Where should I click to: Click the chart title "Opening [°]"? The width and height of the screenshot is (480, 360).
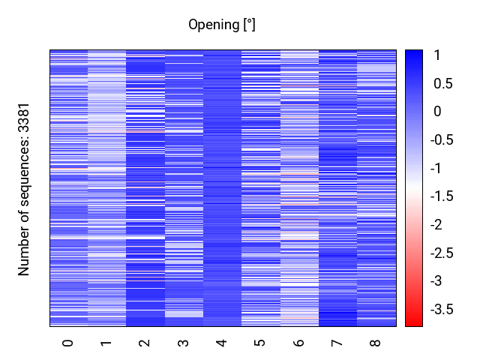click(222, 25)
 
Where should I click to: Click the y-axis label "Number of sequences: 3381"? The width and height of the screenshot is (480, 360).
click(25, 189)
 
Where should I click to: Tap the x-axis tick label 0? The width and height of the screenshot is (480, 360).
click(68, 343)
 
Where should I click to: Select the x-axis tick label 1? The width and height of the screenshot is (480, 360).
click(106, 343)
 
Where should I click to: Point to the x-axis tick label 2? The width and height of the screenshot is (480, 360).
click(145, 343)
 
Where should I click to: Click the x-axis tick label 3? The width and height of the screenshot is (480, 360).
click(183, 343)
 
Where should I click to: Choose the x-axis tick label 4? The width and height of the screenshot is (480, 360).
click(222, 343)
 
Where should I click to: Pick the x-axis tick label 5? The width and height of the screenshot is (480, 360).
click(260, 343)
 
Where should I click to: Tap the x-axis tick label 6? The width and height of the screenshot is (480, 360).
click(298, 343)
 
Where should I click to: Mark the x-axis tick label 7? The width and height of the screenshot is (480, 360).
click(337, 343)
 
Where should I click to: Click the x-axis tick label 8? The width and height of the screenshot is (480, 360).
click(376, 343)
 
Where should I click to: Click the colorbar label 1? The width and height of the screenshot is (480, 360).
click(437, 55)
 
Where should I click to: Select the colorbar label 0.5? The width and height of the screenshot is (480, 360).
click(442, 84)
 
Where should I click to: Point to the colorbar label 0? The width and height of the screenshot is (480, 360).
click(437, 112)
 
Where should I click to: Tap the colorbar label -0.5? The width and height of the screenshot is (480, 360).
click(445, 140)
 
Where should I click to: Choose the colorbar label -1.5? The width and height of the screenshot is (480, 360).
click(445, 196)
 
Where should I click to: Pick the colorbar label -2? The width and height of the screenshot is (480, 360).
click(439, 225)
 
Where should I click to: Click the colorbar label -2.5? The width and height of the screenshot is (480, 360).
click(445, 253)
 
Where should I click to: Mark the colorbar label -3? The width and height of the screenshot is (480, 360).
click(439, 281)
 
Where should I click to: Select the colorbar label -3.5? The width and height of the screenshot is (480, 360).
click(445, 309)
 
